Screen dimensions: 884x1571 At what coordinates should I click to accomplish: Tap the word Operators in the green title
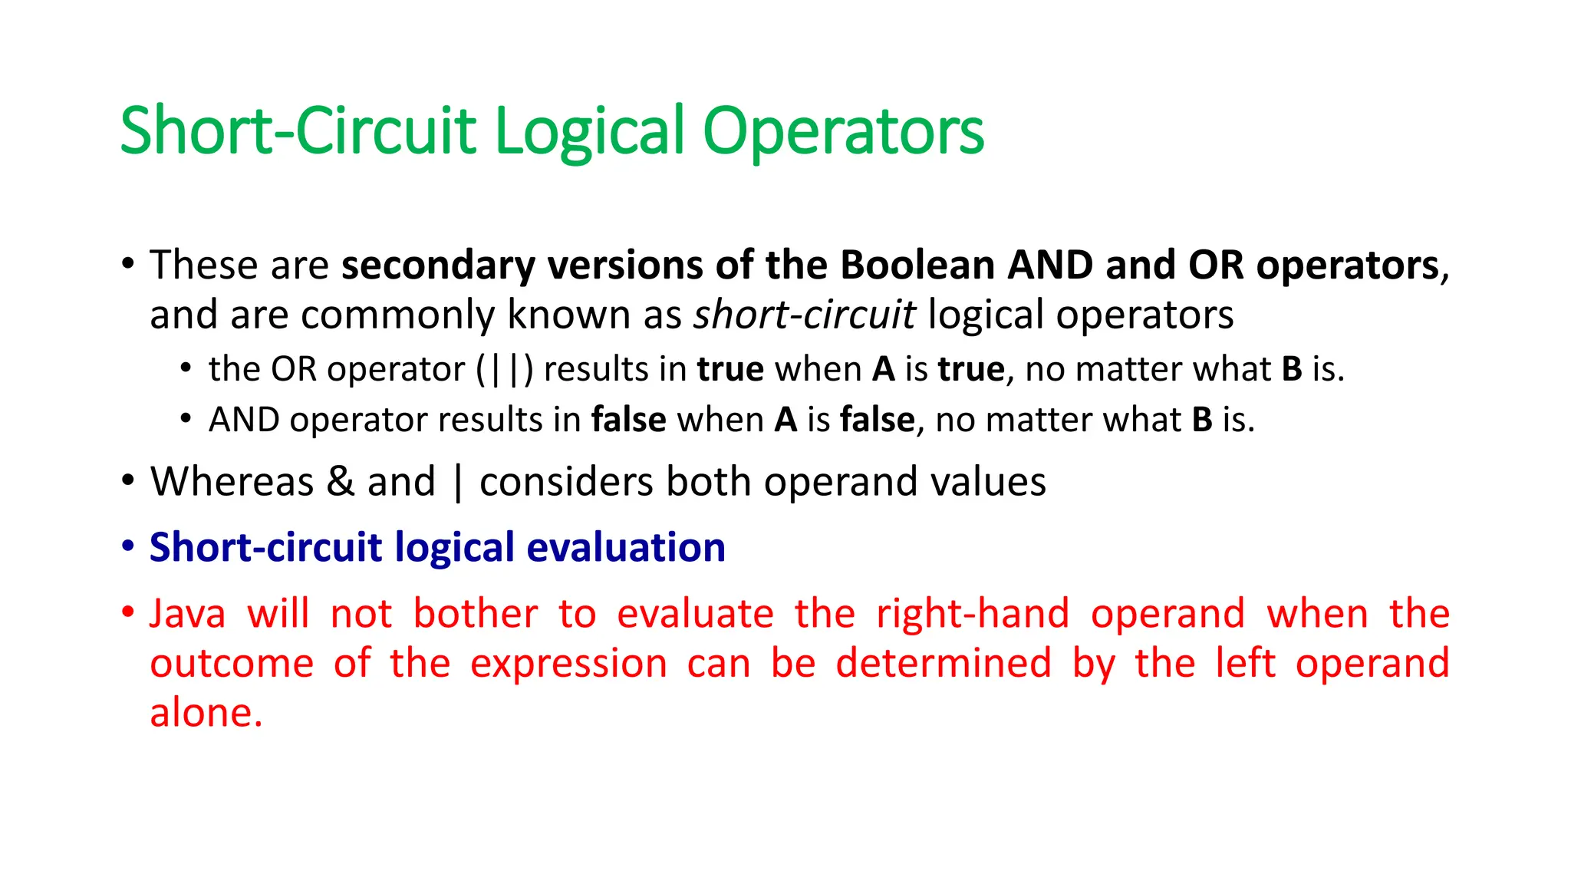843,132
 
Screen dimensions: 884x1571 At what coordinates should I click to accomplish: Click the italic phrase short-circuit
804,315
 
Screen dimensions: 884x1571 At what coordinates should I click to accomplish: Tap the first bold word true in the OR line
730,370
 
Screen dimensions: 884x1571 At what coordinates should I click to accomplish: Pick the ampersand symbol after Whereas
340,483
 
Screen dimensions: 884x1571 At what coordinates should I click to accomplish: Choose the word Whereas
232,483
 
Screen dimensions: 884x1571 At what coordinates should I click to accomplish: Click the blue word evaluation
625,548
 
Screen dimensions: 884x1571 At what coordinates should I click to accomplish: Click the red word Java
187,615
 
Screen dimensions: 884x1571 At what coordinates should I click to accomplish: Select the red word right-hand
972,615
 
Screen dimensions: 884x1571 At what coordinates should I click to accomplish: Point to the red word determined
943,663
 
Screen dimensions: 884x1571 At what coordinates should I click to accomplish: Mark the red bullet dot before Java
128,613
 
